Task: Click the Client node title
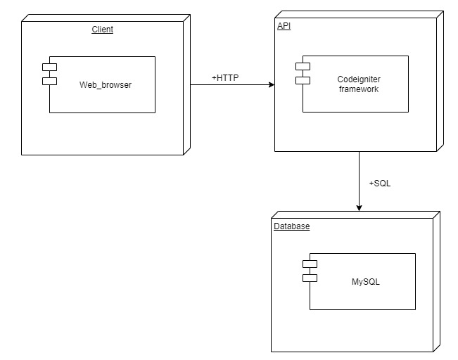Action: pyautogui.click(x=102, y=30)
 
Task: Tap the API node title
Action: pyautogui.click(x=283, y=26)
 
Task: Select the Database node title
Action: pyautogui.click(x=291, y=226)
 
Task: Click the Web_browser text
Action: pyautogui.click(x=106, y=85)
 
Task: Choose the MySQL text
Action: pyautogui.click(x=365, y=282)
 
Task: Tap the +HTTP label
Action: pyautogui.click(x=225, y=77)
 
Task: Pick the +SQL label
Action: pyautogui.click(x=380, y=184)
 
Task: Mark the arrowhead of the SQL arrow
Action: pyautogui.click(x=359, y=207)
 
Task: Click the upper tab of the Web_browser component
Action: pyautogui.click(x=49, y=67)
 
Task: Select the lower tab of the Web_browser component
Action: pyautogui.click(x=49, y=81)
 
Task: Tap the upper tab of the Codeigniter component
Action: pyautogui.click(x=303, y=66)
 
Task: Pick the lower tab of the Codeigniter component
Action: pyautogui.click(x=303, y=80)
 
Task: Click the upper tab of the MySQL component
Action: pyautogui.click(x=310, y=264)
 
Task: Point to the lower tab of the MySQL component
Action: pyautogui.click(x=310, y=278)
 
